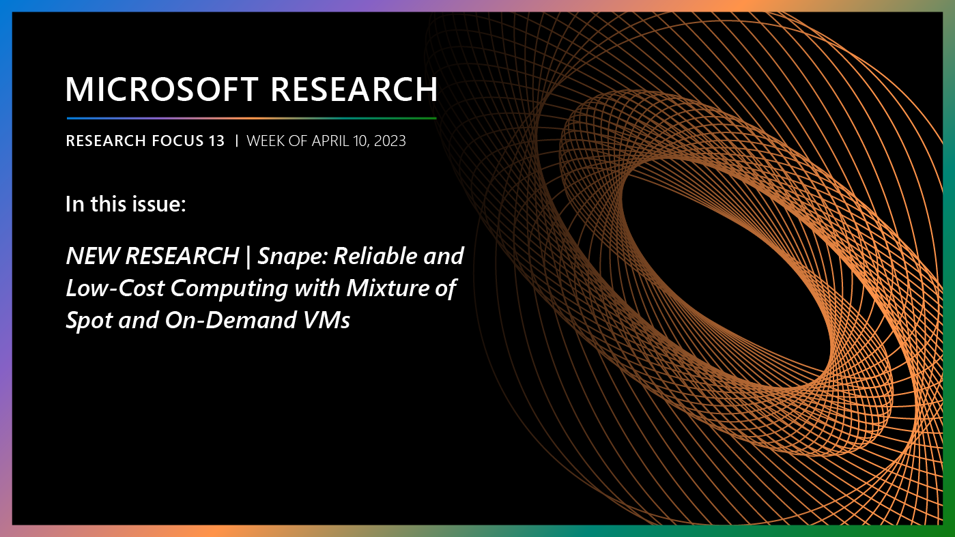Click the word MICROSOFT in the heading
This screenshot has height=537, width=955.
(x=162, y=89)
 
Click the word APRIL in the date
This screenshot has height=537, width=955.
(x=328, y=141)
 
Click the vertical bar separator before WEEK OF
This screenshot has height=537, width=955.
(x=236, y=141)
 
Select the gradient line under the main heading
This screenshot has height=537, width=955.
(x=251, y=118)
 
